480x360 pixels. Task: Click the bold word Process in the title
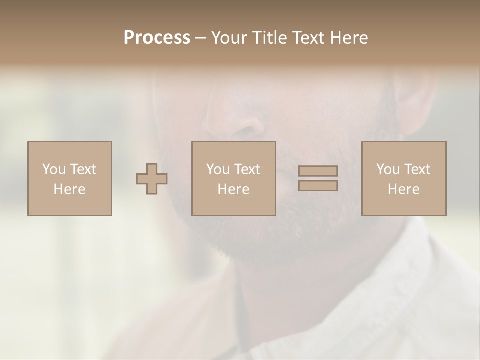(157, 38)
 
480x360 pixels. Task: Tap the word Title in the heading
(269, 38)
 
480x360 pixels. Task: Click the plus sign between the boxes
(152, 179)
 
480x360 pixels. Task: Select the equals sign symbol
(318, 178)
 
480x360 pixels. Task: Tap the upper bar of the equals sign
(318, 171)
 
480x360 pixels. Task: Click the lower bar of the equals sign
(318, 185)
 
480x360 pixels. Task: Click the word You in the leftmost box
(54, 169)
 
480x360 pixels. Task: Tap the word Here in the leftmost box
(69, 189)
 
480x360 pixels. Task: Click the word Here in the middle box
(233, 189)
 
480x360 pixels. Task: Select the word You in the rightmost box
(388, 169)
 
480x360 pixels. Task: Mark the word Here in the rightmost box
(403, 189)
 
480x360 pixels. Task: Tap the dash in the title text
(201, 38)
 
